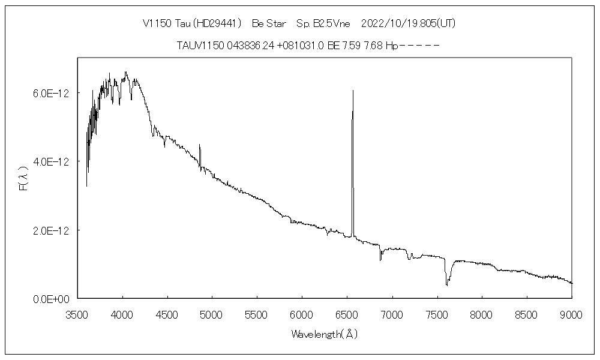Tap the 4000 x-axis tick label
point(123,313)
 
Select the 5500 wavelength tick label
point(257,313)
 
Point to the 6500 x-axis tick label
point(347,313)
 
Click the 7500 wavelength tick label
point(437,313)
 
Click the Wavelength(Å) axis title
point(325,334)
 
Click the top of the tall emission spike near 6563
point(353,91)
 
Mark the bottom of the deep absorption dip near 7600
point(446,284)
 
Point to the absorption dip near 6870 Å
point(380,259)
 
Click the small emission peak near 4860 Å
point(199,146)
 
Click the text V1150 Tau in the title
point(163,23)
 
